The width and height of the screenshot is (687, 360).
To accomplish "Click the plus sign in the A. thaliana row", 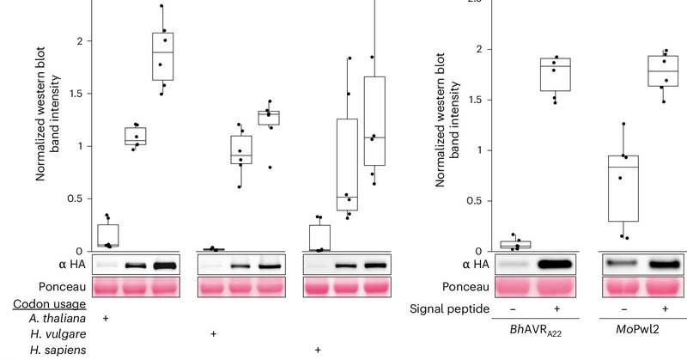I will tap(105, 319).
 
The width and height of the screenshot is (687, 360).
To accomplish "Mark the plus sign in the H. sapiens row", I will tap(319, 350).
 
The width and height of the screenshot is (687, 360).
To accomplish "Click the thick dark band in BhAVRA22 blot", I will tap(556, 263).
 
